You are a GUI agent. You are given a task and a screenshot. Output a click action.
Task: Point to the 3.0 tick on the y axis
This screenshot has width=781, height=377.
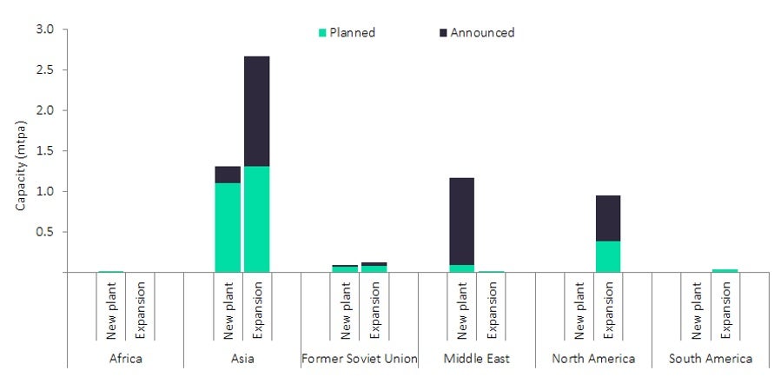(x=44, y=30)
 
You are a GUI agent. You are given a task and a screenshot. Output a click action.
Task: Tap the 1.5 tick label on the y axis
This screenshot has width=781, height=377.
(x=44, y=151)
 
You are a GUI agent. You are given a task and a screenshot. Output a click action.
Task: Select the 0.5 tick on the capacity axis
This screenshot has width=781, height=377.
(x=44, y=232)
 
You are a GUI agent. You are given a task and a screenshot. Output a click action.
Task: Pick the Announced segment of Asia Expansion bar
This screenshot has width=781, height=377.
(x=256, y=111)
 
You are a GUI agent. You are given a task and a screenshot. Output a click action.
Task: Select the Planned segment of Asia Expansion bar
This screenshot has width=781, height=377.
(x=256, y=219)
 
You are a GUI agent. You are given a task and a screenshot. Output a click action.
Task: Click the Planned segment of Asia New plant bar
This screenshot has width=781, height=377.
(x=228, y=228)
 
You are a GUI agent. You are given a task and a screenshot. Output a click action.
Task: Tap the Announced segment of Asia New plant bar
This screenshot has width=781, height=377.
(x=228, y=175)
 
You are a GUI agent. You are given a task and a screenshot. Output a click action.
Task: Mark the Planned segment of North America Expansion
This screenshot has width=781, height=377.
(x=608, y=256)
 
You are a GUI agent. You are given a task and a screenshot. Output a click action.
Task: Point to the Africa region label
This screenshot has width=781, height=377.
(x=126, y=358)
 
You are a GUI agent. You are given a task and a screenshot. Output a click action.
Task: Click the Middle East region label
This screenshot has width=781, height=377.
(x=477, y=358)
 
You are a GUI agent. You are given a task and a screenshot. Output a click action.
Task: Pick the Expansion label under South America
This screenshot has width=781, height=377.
(x=725, y=309)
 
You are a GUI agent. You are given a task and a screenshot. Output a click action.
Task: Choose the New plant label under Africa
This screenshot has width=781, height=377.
(x=111, y=309)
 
